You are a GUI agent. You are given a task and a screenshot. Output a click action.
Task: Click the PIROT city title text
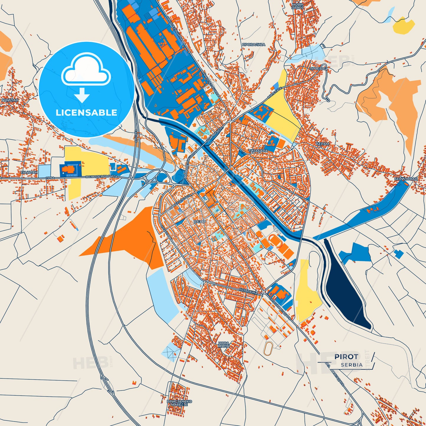tap(346, 357)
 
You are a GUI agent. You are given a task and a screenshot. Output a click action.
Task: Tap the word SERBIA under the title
tap(352, 365)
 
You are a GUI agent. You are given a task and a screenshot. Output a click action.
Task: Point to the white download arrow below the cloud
tap(82, 95)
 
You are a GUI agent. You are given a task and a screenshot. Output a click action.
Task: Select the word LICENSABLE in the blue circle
tap(86, 113)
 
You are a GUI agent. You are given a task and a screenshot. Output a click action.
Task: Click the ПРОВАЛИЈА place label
tap(254, 45)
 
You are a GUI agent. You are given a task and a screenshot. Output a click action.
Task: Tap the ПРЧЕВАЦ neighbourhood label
tap(318, 69)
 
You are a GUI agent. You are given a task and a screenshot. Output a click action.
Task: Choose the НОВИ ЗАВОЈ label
tap(297, 6)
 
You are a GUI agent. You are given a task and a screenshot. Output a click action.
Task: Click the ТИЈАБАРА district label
tap(258, 151)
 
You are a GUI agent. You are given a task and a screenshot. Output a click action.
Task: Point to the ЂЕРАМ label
tap(322, 144)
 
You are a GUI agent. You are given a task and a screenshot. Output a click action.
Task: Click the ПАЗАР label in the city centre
tap(200, 221)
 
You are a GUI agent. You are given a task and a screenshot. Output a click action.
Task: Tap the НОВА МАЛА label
tap(224, 345)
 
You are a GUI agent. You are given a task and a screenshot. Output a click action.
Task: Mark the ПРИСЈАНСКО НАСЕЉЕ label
tap(179, 403)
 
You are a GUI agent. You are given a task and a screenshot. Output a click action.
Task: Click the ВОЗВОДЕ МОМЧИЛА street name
tap(101, 177)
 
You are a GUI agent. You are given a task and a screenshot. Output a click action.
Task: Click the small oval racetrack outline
tap(268, 349)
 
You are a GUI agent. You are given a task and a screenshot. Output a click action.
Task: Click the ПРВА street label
tap(50, 178)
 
